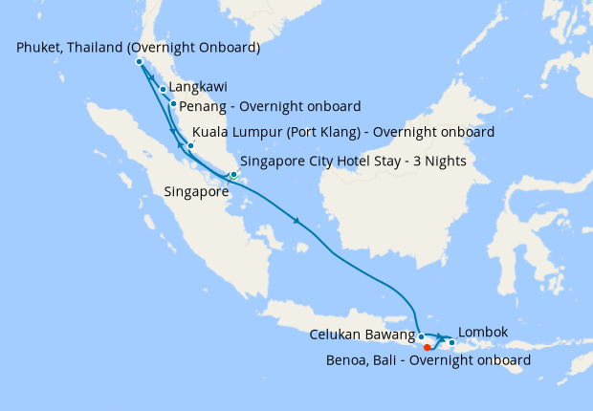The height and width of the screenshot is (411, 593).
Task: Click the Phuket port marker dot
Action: [x=140, y=62]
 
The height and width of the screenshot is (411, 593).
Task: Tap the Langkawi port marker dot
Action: [x=164, y=90]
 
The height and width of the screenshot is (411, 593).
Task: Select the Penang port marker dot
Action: [x=173, y=104]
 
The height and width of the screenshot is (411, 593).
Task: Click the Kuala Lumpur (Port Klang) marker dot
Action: [x=190, y=146]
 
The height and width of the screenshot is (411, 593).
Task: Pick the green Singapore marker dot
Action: [x=233, y=175]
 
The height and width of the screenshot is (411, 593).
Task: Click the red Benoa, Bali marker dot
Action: [x=428, y=348]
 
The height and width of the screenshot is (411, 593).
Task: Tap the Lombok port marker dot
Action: [x=451, y=340]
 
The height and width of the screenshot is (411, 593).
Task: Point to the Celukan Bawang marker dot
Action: [x=422, y=336]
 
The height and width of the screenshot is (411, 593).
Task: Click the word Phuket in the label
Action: [x=41, y=47]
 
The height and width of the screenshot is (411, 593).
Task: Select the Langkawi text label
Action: [x=197, y=87]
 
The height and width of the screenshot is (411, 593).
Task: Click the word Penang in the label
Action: [x=203, y=105]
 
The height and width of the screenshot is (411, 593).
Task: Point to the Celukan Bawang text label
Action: [x=362, y=335]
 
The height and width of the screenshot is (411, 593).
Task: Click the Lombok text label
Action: [x=483, y=333]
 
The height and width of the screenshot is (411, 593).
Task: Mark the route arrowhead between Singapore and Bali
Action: [x=298, y=223]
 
